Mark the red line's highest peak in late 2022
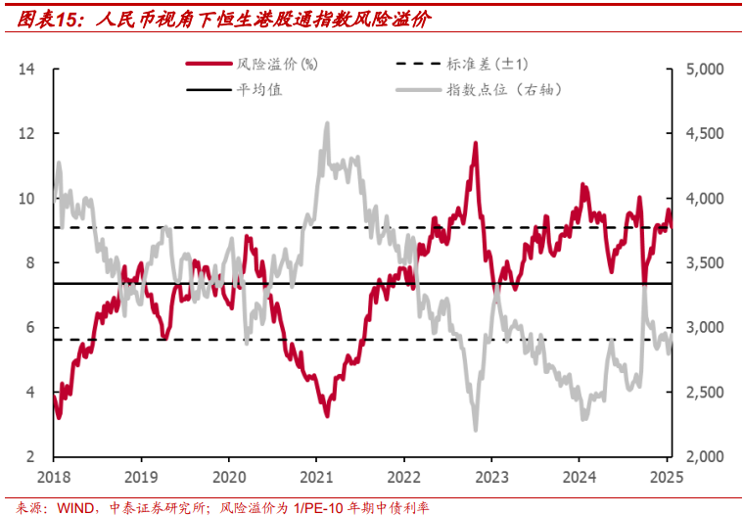click(476, 143)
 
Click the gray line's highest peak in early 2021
click(327, 123)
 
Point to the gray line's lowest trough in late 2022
click(476, 430)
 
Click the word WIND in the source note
click(74, 507)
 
